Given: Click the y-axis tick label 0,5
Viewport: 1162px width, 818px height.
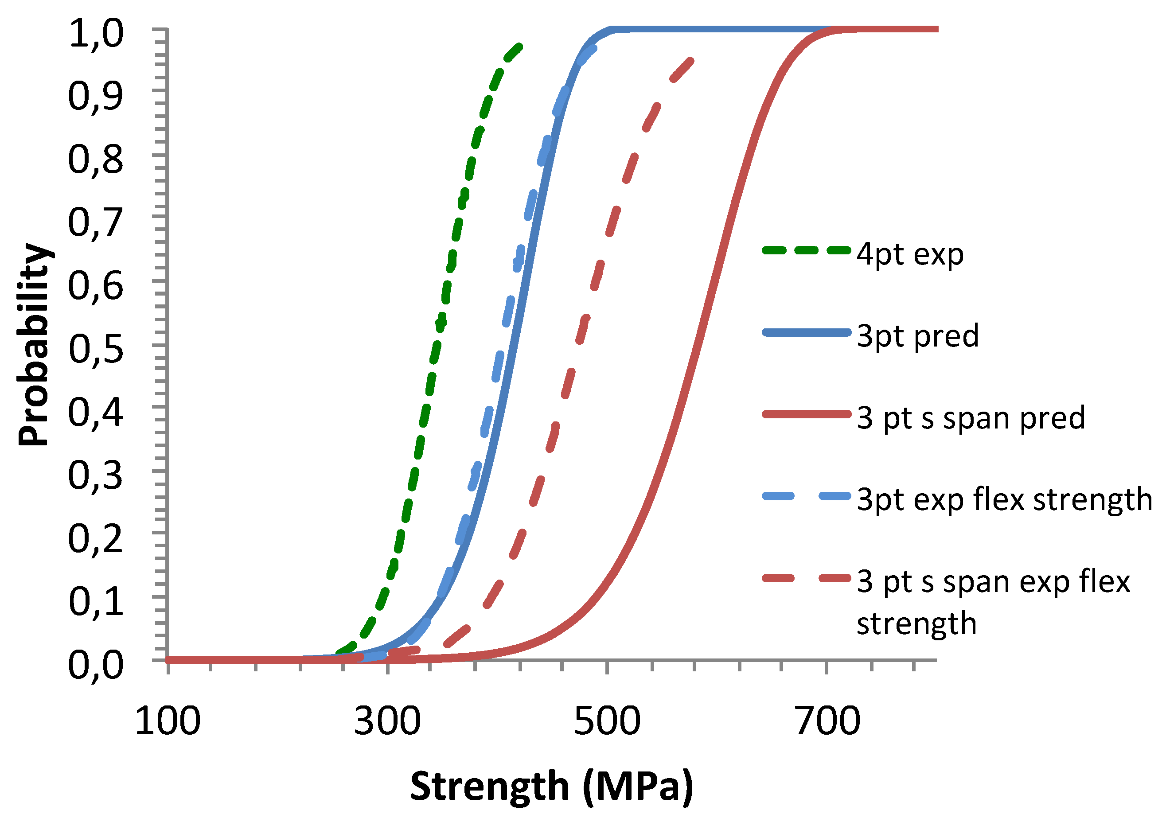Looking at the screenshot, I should click(x=96, y=350).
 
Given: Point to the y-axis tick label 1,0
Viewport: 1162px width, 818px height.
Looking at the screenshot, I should click(x=96, y=34).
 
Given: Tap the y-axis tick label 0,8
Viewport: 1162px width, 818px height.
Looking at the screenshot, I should click(x=96, y=160).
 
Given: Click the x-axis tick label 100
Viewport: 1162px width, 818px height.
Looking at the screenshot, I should click(x=168, y=721).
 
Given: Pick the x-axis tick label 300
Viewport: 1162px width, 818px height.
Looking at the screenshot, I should click(x=387, y=721).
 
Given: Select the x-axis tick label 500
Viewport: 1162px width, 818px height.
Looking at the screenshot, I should click(x=607, y=721).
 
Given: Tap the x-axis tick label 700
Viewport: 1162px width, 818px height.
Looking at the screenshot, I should click(x=827, y=721).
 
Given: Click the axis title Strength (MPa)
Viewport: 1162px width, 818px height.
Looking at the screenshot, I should click(x=551, y=787).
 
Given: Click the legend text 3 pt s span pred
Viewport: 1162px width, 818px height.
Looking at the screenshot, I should click(x=971, y=418).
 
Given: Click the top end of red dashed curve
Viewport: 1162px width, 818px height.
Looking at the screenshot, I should click(x=691, y=61).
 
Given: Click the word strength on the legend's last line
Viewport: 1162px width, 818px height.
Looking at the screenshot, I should click(x=916, y=623).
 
